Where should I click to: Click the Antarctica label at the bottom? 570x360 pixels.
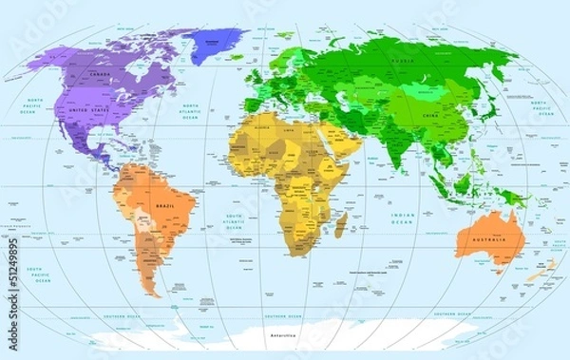pos(283,336)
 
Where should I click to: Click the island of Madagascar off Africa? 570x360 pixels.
pos(339,224)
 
